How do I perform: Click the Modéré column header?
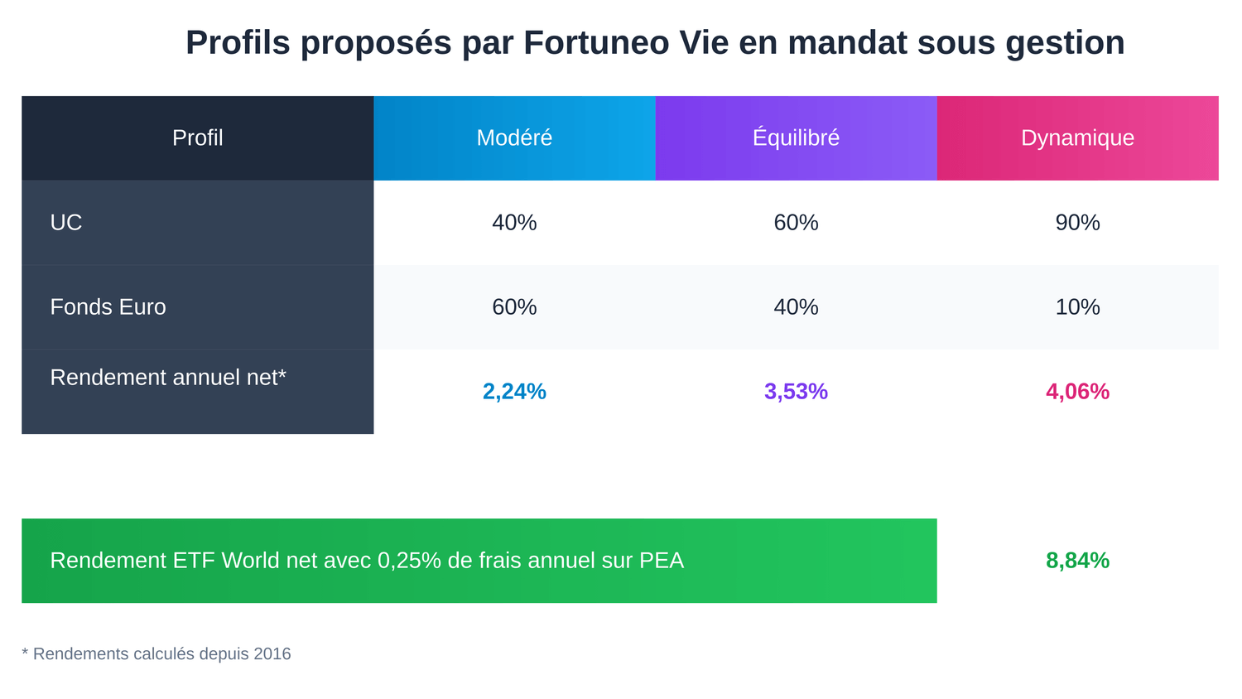[x=514, y=137]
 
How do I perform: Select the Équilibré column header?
[x=796, y=137]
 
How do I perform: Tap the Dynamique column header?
[x=1077, y=137]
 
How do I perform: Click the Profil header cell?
[x=197, y=137]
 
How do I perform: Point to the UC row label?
[x=66, y=222]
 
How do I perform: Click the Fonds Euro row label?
[x=108, y=306]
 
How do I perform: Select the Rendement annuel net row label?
[x=168, y=378]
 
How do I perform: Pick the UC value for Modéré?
[x=514, y=222]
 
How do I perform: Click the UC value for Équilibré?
[x=796, y=222]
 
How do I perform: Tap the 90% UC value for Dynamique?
[x=1077, y=222]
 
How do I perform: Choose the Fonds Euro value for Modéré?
[x=514, y=306]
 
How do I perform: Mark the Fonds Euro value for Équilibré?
[x=796, y=306]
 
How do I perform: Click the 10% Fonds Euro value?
[x=1077, y=306]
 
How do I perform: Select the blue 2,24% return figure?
[x=514, y=391]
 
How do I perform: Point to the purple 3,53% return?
[x=796, y=391]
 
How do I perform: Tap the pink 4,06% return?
[x=1077, y=391]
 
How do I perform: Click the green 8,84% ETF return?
[x=1077, y=561]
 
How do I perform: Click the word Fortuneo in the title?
[x=596, y=43]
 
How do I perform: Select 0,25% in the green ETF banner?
[x=409, y=561]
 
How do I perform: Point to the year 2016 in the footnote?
[x=272, y=653]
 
